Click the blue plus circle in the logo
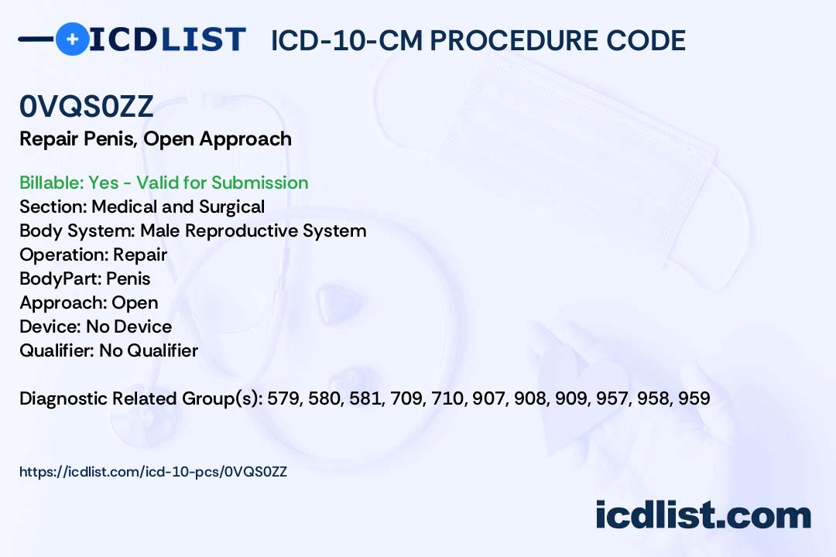coord(72,39)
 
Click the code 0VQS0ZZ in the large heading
coord(87,106)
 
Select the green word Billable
coord(51,183)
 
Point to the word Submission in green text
coord(259,183)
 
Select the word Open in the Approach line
coord(135,302)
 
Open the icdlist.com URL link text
coord(153,472)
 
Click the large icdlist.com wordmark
coord(703,515)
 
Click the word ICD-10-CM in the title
coord(347,40)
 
